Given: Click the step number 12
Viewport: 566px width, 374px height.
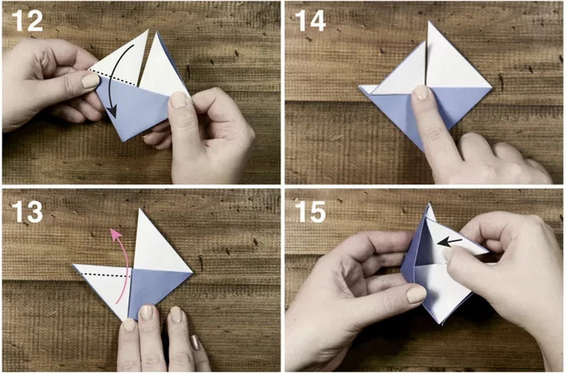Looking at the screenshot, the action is tap(28, 21).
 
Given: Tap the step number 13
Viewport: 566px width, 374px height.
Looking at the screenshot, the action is tap(28, 211).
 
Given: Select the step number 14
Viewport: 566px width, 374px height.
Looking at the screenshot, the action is tap(311, 21).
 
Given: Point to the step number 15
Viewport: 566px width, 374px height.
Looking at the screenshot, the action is tap(311, 211).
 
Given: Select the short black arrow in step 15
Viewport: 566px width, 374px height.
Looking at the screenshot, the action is tap(449, 242).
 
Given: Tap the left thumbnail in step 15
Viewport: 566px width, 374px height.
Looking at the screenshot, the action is tap(416, 295).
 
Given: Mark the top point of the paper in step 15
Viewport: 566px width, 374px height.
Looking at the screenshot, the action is tap(429, 204).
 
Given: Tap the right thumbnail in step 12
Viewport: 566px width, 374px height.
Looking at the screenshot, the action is tap(178, 99).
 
